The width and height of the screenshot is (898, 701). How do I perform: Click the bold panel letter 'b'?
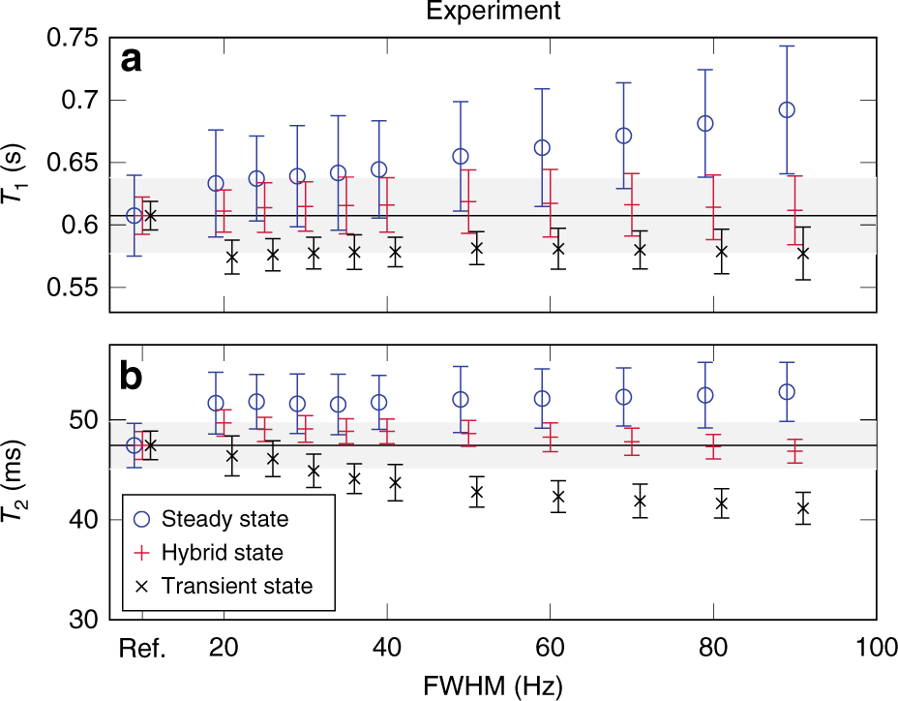pos(134,376)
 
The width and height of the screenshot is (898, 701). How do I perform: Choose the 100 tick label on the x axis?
pos(876,649)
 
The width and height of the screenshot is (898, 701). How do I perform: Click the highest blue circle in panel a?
pos(787,109)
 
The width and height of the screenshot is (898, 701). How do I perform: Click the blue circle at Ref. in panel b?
pos(135,445)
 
